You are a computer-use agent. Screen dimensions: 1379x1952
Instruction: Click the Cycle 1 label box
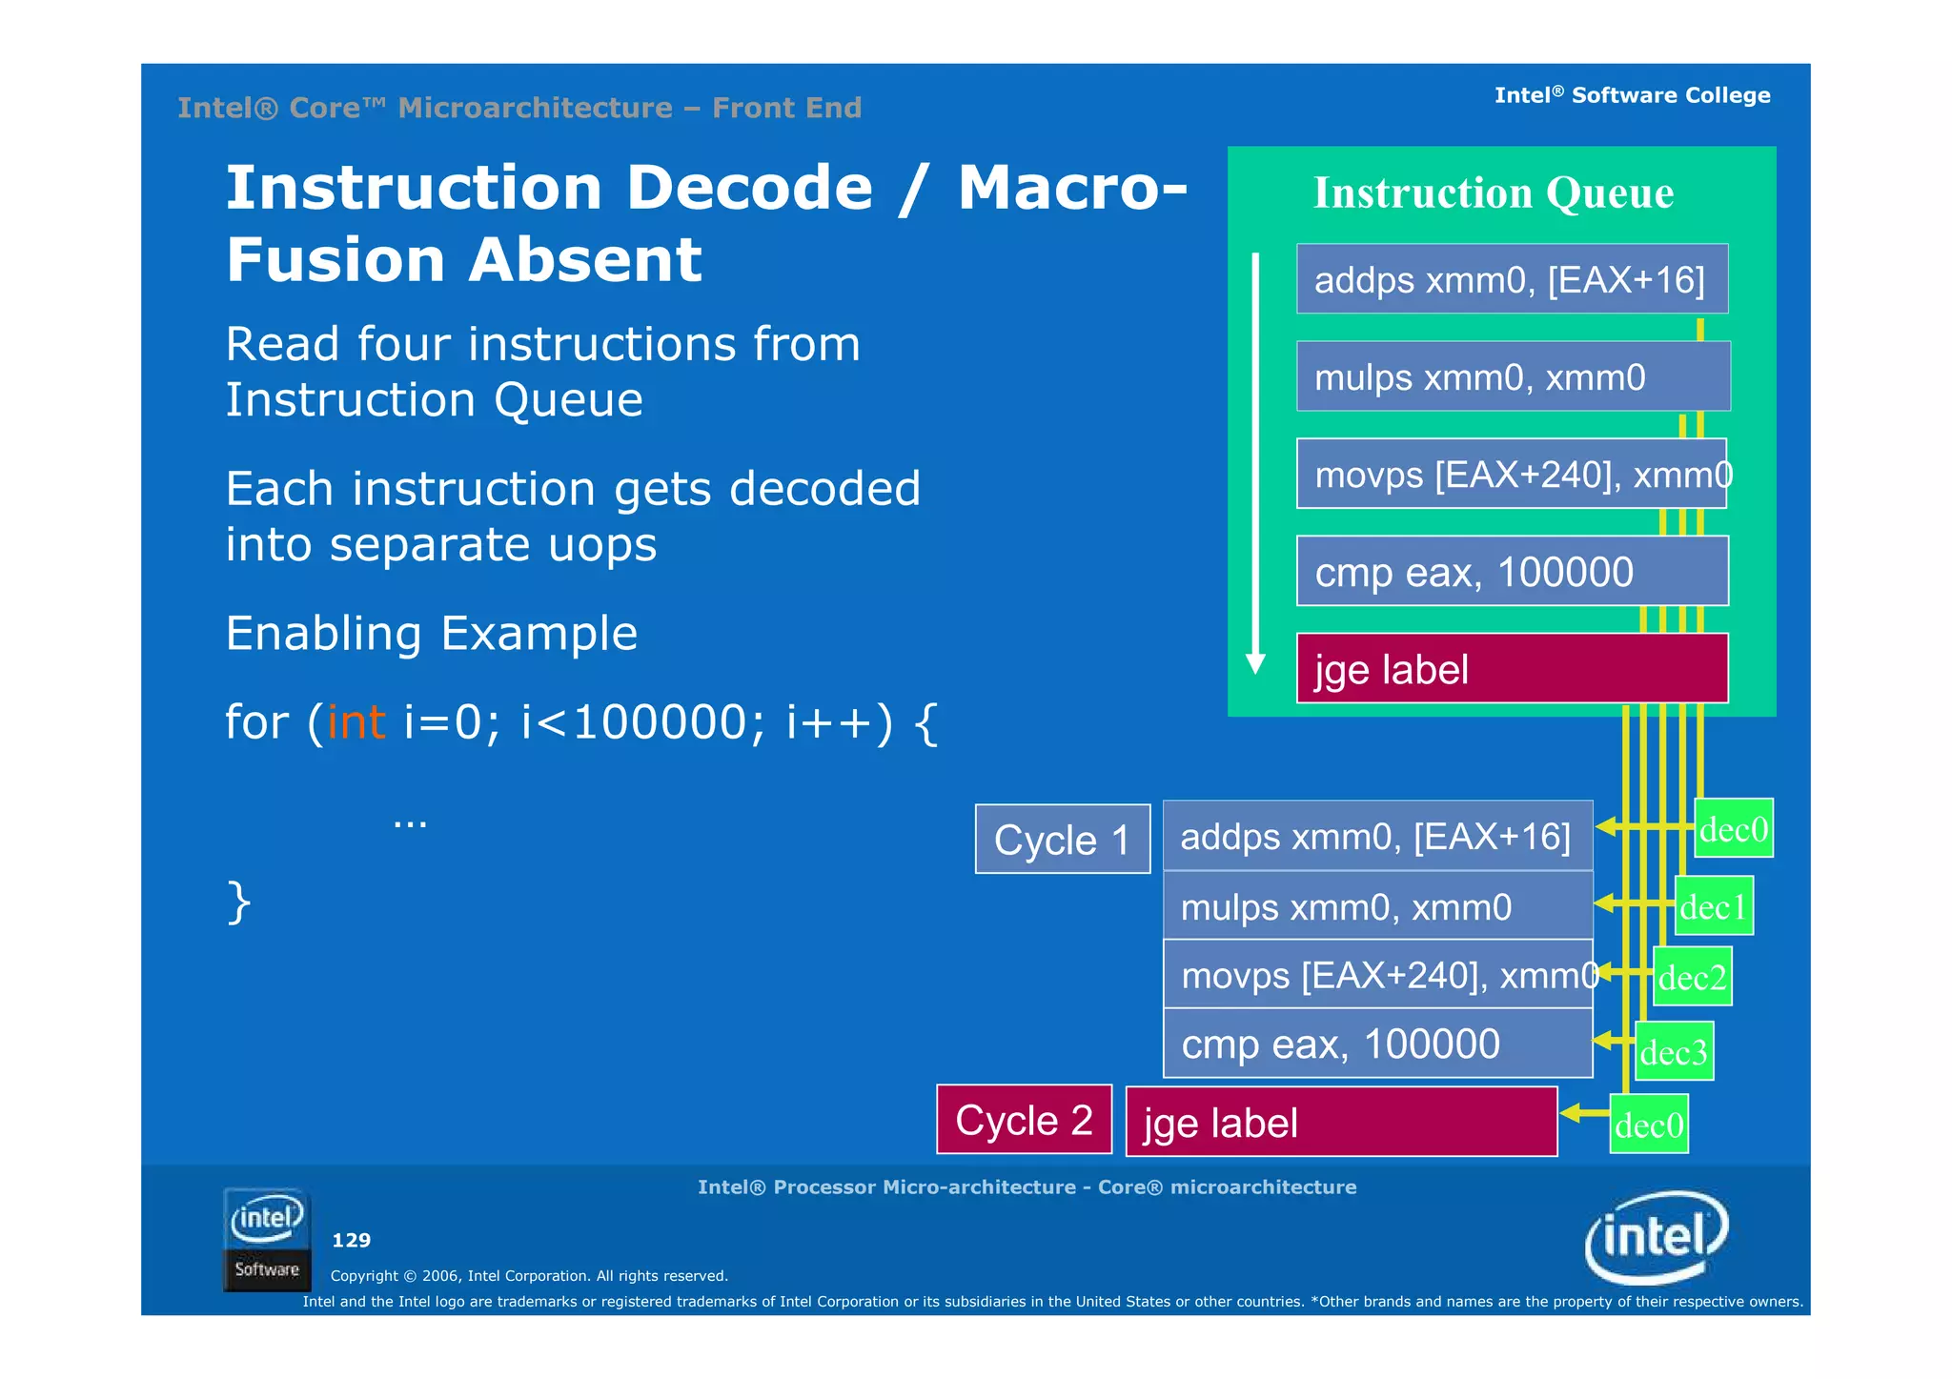click(x=1062, y=839)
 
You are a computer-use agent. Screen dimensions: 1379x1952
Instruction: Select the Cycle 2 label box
click(x=1024, y=1120)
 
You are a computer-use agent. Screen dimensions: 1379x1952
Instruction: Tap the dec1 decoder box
click(x=1714, y=906)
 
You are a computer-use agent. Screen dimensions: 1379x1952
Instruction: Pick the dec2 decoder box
click(x=1692, y=977)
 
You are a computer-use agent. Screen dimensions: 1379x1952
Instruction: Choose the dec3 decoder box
click(x=1674, y=1051)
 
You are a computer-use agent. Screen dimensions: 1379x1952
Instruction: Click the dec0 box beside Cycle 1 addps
click(x=1734, y=828)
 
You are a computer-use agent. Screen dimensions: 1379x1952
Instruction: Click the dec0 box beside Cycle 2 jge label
click(x=1649, y=1126)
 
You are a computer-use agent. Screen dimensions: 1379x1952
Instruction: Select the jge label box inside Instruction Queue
click(x=1512, y=668)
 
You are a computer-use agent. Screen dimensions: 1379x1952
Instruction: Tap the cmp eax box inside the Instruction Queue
click(x=1512, y=571)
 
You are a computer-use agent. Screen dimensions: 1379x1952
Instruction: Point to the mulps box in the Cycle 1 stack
click(x=1377, y=906)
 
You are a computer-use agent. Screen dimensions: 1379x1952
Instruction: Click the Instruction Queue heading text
click(x=1493, y=193)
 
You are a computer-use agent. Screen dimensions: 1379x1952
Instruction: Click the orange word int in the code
click(x=356, y=721)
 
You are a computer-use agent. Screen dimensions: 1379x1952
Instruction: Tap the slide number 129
click(x=351, y=1240)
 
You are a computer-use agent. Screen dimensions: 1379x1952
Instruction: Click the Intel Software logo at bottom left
click(x=267, y=1239)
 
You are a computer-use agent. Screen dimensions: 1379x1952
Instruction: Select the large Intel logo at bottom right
click(x=1657, y=1236)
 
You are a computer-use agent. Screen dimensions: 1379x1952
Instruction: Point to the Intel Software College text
click(x=1632, y=95)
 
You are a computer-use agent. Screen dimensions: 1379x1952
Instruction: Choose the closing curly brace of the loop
click(x=238, y=902)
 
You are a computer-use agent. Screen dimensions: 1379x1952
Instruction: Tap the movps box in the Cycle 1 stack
click(x=1377, y=975)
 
